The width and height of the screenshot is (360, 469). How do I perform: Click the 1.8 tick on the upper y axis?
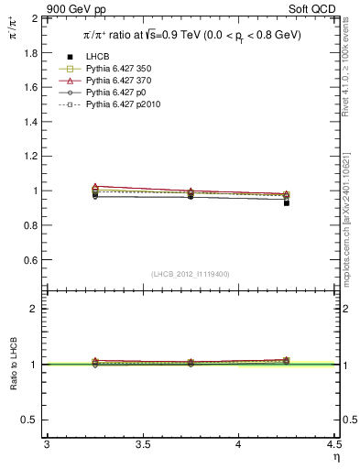point(31,53)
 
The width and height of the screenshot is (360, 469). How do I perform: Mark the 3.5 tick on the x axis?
point(142,445)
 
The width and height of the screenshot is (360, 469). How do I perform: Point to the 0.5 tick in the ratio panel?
point(31,420)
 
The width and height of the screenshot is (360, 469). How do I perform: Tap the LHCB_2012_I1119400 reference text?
point(191,274)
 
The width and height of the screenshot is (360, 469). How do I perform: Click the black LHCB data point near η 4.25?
point(287,202)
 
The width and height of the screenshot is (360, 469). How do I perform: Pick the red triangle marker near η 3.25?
point(95,186)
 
